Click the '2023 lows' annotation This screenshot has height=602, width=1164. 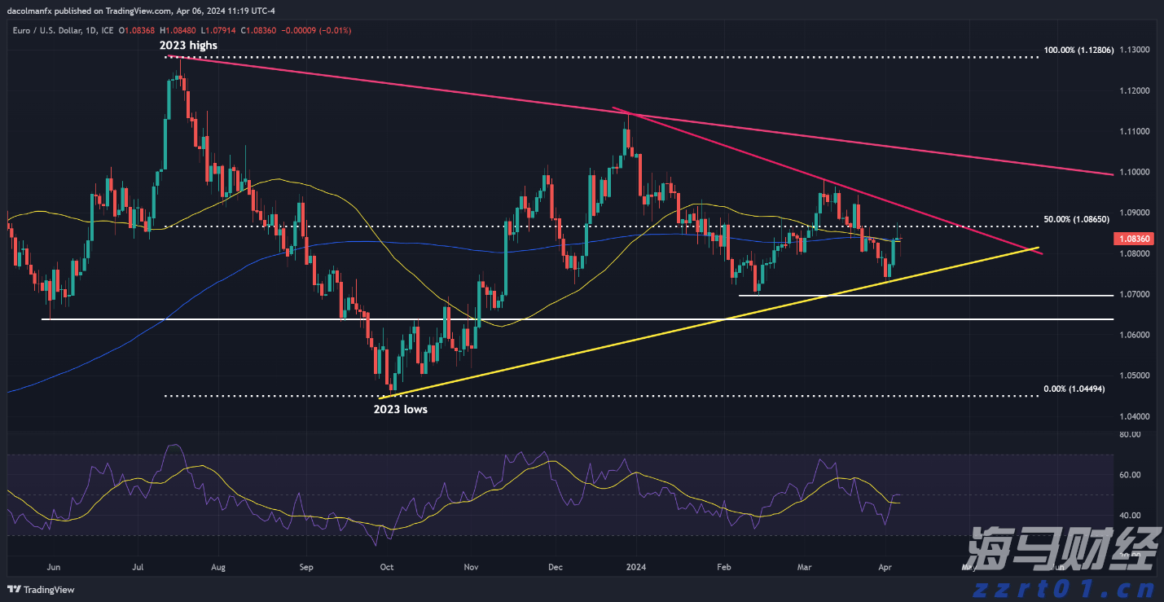click(400, 409)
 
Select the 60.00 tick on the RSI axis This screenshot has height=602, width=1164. click(1129, 475)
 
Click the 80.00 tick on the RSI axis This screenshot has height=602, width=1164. click(1129, 435)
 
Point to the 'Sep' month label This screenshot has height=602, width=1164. click(305, 566)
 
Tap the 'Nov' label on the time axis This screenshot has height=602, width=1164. click(470, 566)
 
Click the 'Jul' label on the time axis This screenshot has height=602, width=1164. click(138, 566)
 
